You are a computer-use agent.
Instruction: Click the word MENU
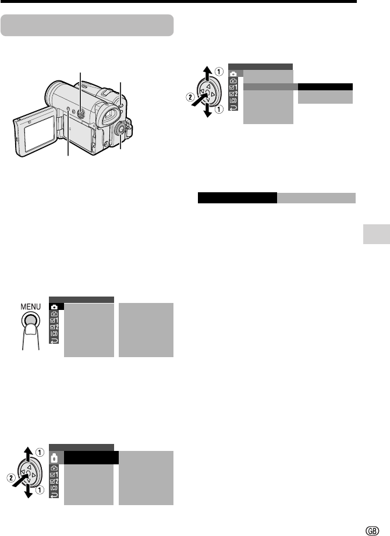(30, 306)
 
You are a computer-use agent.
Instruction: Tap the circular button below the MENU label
(30, 320)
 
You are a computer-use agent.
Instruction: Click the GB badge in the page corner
(372, 531)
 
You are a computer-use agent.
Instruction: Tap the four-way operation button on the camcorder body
(80, 114)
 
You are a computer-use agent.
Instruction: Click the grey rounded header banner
(87, 25)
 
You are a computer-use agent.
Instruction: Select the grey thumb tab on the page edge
(377, 234)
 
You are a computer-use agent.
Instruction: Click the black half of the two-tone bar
(237, 198)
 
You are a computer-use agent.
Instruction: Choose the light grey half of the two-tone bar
(316, 198)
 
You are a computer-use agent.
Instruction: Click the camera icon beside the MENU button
(54, 306)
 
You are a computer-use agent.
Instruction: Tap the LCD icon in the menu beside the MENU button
(54, 334)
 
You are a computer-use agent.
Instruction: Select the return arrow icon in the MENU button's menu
(54, 340)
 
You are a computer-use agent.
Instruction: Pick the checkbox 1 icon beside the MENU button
(54, 320)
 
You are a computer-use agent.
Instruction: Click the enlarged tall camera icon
(54, 457)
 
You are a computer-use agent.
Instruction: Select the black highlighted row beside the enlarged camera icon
(91, 458)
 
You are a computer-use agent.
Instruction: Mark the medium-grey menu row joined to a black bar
(271, 87)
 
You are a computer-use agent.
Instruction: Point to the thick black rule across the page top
(178, 1)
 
